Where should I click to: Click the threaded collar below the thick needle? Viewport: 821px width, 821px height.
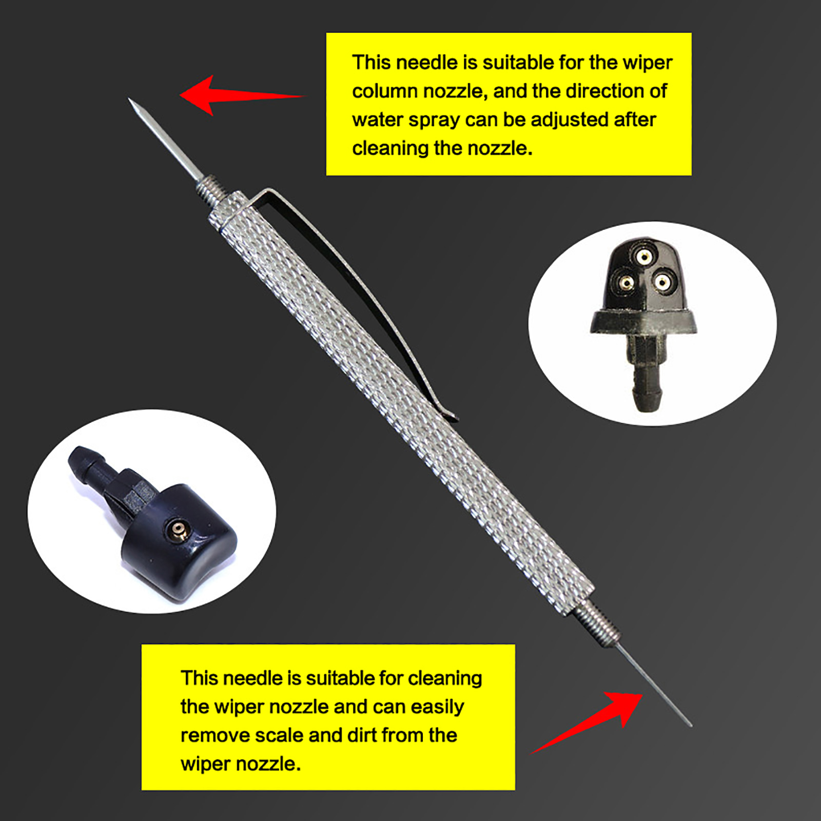click(211, 191)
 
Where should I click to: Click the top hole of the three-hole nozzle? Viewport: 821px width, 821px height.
click(642, 255)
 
